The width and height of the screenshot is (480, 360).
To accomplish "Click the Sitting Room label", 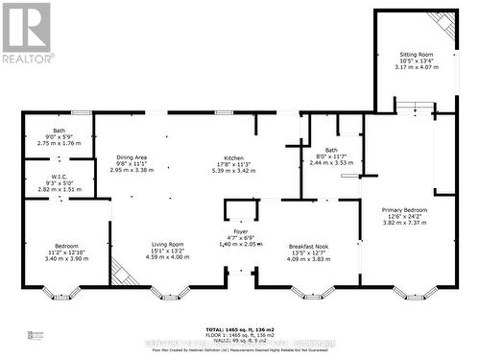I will click(x=417, y=55).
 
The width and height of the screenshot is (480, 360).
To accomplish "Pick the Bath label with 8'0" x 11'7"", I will click(x=330, y=150).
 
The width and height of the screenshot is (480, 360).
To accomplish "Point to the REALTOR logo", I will click(x=26, y=33).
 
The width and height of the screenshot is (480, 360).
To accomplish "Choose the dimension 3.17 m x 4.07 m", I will click(x=417, y=68).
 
